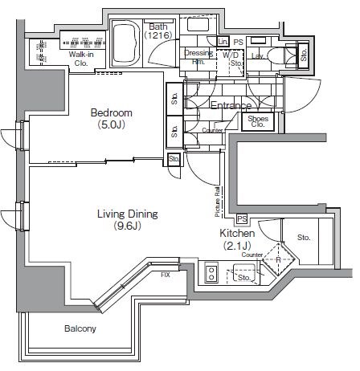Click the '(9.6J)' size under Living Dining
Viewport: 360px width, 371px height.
[x=126, y=226]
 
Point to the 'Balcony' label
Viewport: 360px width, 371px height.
[x=80, y=328]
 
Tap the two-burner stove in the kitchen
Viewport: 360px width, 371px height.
[x=212, y=273]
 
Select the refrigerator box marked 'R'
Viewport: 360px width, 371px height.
[x=277, y=259]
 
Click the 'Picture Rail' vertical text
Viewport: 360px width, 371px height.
[x=218, y=202]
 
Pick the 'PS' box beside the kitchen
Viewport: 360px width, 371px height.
[x=241, y=219]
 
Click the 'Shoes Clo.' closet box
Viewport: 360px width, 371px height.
[x=259, y=120]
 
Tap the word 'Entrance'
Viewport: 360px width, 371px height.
[x=231, y=105]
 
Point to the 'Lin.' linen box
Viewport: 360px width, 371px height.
[x=223, y=40]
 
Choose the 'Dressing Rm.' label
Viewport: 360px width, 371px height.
[x=198, y=57]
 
